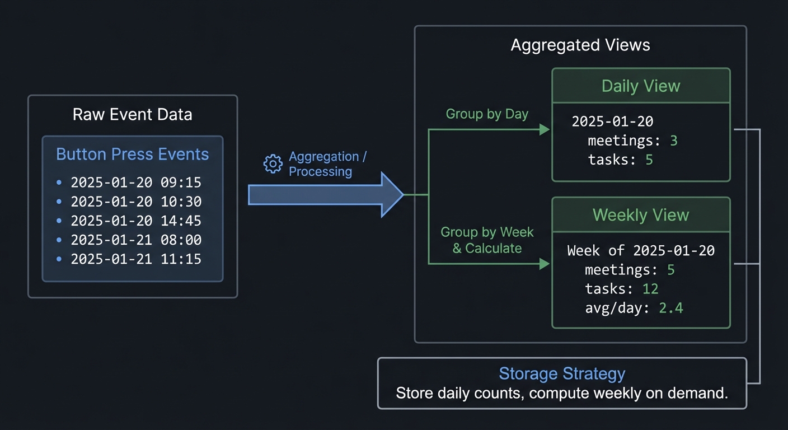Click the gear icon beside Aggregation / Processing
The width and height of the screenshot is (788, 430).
pyautogui.click(x=273, y=164)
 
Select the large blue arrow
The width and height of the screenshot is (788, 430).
pyautogui.click(x=325, y=195)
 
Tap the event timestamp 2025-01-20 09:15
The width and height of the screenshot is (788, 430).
pyautogui.click(x=136, y=183)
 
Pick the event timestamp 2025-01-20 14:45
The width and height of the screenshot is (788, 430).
pyautogui.click(x=136, y=221)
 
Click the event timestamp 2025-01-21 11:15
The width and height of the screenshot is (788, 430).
pyautogui.click(x=136, y=259)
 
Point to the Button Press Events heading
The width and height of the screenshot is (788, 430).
pyautogui.click(x=133, y=155)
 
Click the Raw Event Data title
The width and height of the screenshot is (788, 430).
pyautogui.click(x=133, y=115)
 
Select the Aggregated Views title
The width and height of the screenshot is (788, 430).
pyautogui.click(x=580, y=45)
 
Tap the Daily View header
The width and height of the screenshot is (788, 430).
pyautogui.click(x=641, y=86)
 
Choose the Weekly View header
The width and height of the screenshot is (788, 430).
pyautogui.click(x=641, y=215)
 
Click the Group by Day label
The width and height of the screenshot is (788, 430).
pyautogui.click(x=487, y=114)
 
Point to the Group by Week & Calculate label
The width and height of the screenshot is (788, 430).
pyautogui.click(x=487, y=240)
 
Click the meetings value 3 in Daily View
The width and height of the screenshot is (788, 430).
pyautogui.click(x=674, y=141)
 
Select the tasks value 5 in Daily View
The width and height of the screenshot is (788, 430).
pyautogui.click(x=649, y=160)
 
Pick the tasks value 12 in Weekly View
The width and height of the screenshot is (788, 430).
pyautogui.click(x=650, y=289)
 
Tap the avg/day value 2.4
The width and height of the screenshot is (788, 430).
pyautogui.click(x=670, y=308)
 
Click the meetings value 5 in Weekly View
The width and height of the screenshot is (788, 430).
pyautogui.click(x=670, y=270)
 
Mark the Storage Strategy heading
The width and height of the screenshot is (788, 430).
pyautogui.click(x=562, y=373)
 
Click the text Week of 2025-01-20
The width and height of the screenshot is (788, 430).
pyautogui.click(x=641, y=250)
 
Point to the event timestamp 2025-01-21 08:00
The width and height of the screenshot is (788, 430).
pyautogui.click(x=136, y=240)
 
